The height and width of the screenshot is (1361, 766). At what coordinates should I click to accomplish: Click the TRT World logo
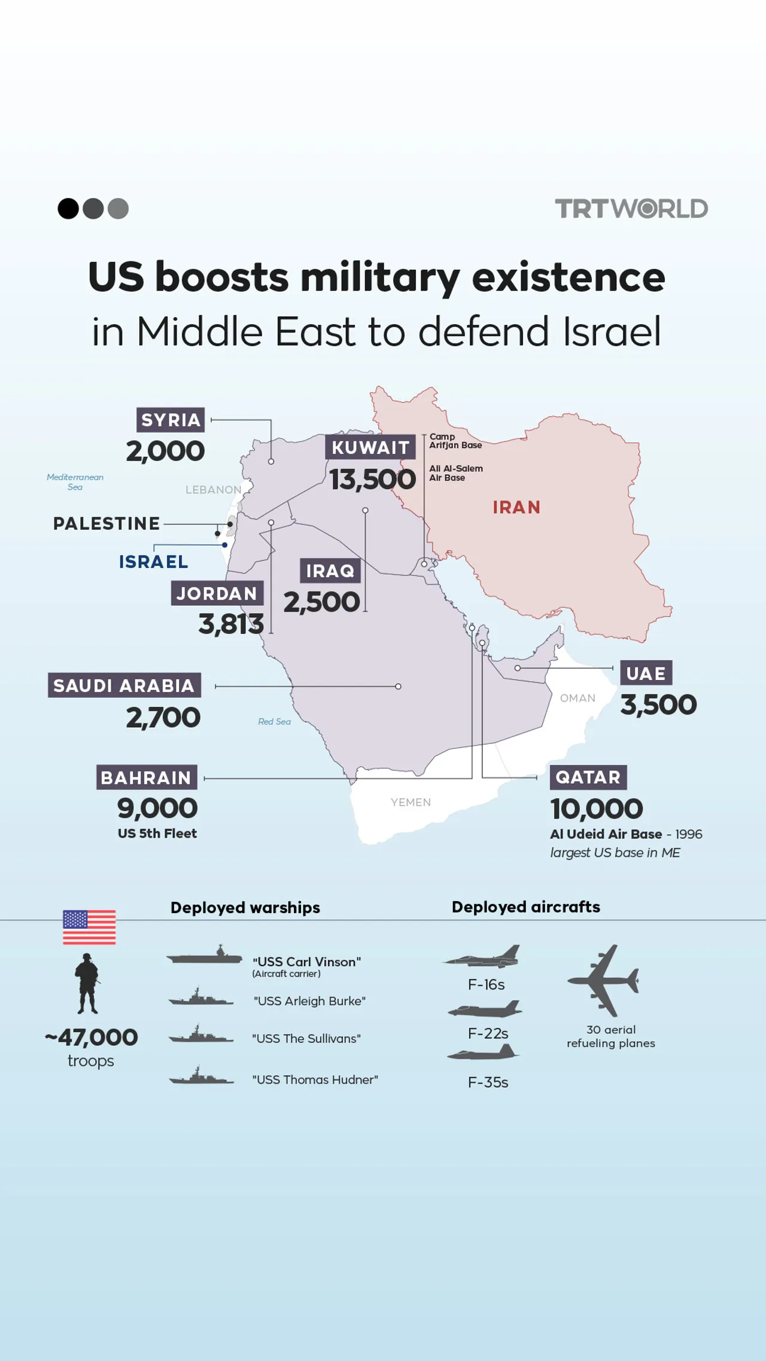click(x=631, y=209)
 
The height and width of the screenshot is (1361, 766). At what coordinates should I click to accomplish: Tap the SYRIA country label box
click(x=171, y=420)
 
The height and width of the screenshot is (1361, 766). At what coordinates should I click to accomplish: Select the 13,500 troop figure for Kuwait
click(x=372, y=480)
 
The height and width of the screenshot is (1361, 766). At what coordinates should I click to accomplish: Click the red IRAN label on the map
click(x=516, y=507)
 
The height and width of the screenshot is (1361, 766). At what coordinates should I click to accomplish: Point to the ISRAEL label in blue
click(x=153, y=562)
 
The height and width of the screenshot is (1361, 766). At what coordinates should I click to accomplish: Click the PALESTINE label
click(x=107, y=523)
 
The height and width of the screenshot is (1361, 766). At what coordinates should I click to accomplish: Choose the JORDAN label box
click(x=217, y=593)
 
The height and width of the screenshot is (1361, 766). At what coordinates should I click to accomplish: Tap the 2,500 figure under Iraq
click(x=321, y=602)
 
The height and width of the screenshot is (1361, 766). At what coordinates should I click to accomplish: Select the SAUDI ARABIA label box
click(x=124, y=685)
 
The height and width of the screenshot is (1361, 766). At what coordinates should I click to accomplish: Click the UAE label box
click(x=646, y=673)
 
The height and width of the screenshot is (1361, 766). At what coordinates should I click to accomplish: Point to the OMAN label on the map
click(x=577, y=698)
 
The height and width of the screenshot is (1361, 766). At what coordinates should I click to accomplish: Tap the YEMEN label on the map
click(x=411, y=802)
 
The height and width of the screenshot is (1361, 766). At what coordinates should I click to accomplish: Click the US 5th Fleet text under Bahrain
click(x=157, y=833)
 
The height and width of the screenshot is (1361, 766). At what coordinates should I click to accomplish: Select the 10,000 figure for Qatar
click(x=597, y=809)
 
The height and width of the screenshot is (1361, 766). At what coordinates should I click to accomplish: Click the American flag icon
click(x=89, y=927)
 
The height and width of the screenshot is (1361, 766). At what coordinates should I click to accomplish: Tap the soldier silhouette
click(x=87, y=983)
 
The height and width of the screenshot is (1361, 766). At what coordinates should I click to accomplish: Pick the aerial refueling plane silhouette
click(x=604, y=980)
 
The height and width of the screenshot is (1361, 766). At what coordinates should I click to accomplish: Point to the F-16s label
click(x=486, y=984)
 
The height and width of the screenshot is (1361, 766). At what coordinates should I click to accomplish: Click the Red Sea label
click(x=274, y=722)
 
